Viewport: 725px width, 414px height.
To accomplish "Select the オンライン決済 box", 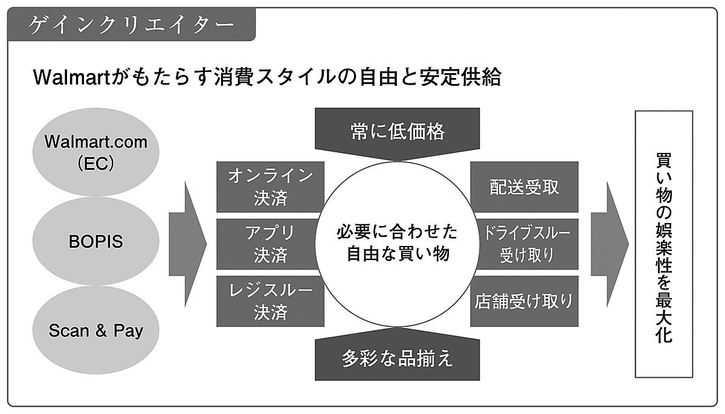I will [270, 187].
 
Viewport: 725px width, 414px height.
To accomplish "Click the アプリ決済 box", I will [270, 244].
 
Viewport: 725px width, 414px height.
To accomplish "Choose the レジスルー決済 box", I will [270, 301].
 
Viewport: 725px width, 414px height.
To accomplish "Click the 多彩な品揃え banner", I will [397, 358].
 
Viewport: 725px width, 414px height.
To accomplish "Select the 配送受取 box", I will [524, 187].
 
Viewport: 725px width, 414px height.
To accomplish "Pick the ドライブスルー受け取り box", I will [524, 244].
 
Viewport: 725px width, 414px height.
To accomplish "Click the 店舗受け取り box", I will [524, 301].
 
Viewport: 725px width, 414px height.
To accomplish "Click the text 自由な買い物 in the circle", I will [397, 254].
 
